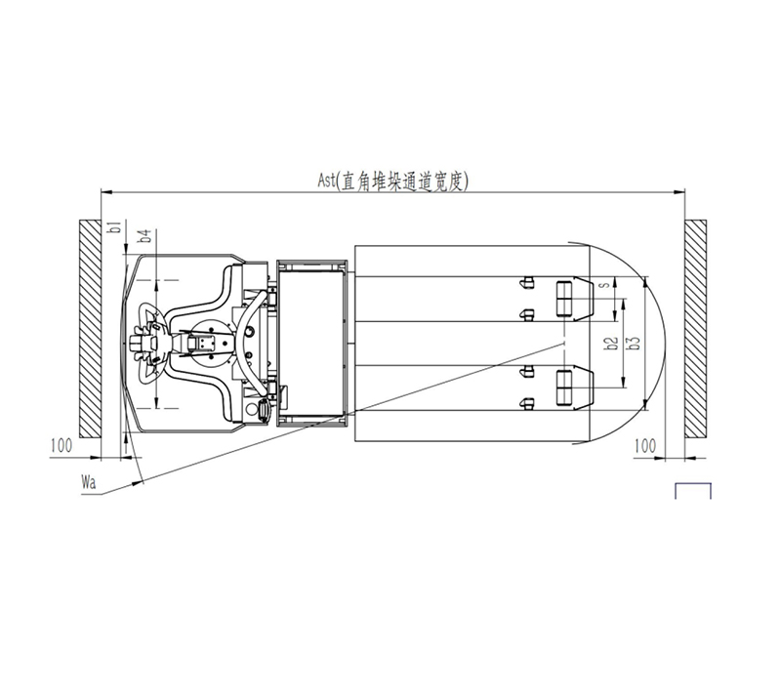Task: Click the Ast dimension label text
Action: click(x=393, y=182)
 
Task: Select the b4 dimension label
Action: click(x=144, y=235)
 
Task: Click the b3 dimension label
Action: click(x=634, y=343)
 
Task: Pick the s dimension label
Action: click(x=605, y=285)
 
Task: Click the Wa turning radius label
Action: click(x=89, y=482)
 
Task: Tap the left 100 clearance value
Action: click(x=62, y=445)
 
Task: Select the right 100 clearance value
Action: click(x=645, y=445)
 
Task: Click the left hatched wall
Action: click(x=90, y=329)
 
